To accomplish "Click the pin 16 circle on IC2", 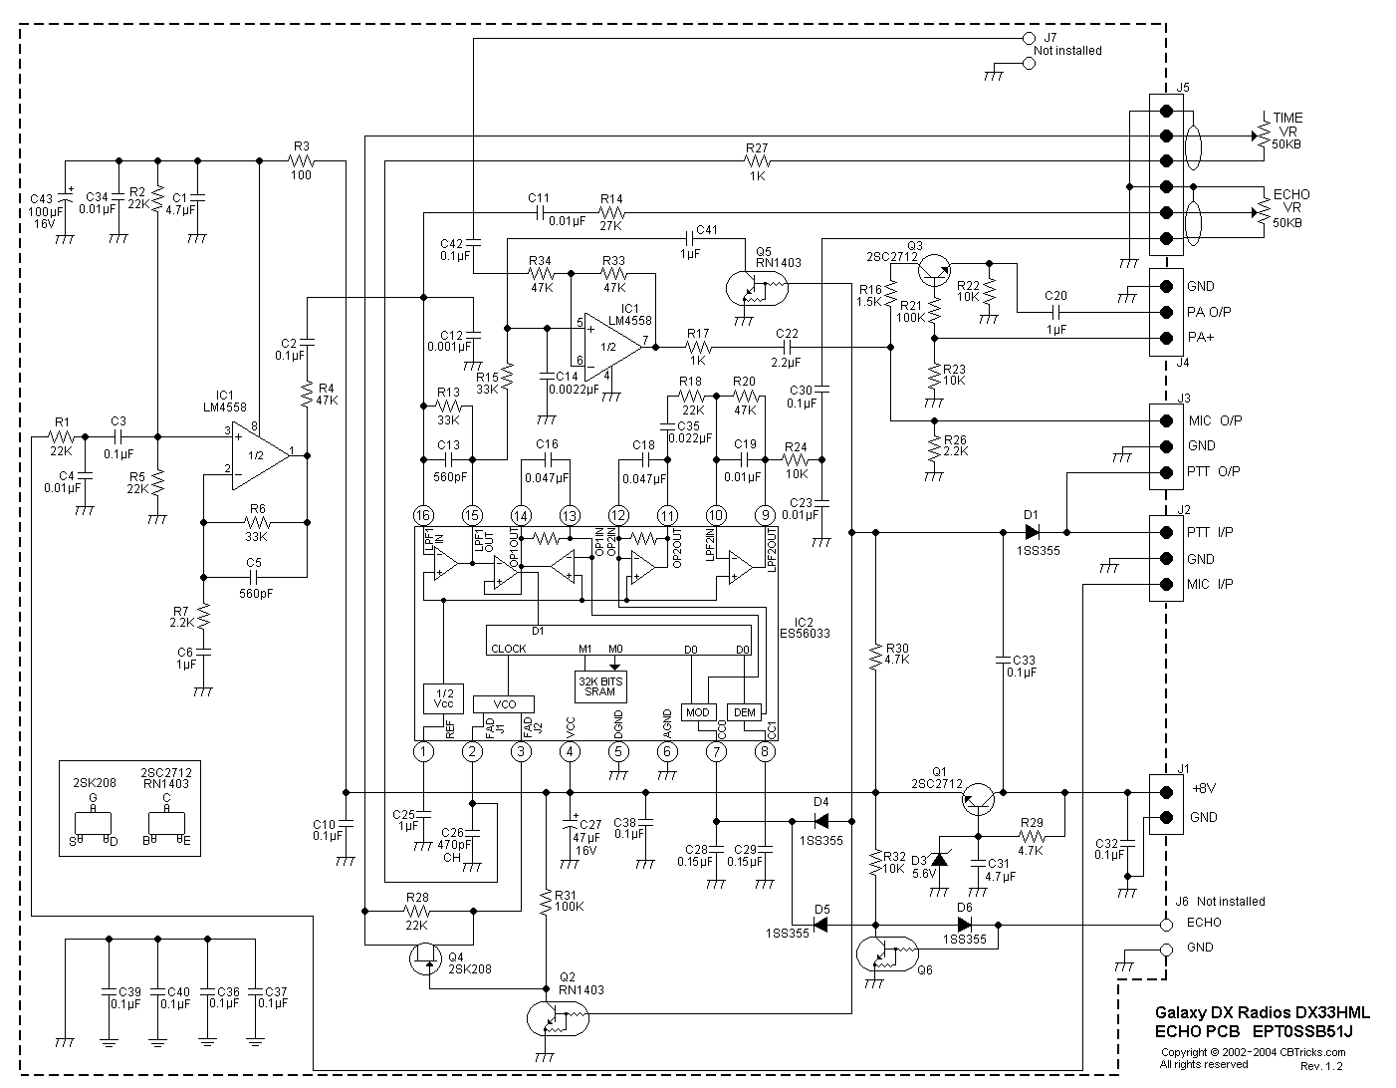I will tap(424, 515).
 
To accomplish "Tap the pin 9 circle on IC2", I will tap(765, 515).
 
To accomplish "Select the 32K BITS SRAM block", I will tap(600, 685).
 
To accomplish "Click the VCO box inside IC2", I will tap(504, 703).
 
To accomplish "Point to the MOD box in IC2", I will tap(697, 712).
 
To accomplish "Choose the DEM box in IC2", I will tap(745, 712).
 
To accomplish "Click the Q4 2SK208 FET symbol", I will tap(427, 960).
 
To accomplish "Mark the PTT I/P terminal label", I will tap(1209, 532).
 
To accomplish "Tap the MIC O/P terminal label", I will tap(1214, 420).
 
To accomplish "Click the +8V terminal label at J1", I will tap(1203, 788).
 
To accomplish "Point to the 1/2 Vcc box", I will tap(443, 697).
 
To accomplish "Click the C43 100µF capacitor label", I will tap(44, 211).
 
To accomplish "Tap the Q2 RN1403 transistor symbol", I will tap(556, 1020).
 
